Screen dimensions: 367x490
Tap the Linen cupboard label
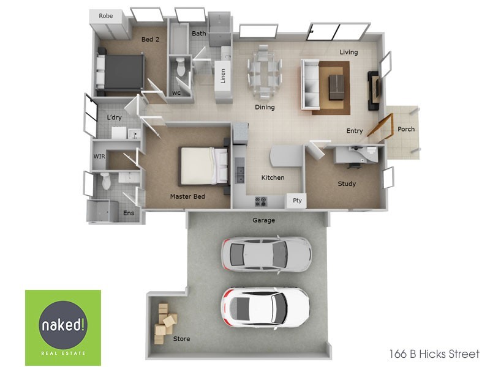click(x=223, y=76)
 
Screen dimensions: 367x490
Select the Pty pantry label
click(x=297, y=201)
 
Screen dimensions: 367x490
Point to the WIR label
click(x=99, y=157)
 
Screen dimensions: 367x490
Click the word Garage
click(x=264, y=220)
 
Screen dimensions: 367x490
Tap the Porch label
click(x=406, y=129)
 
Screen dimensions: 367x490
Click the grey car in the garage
click(x=266, y=253)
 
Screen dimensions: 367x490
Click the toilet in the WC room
click(x=180, y=68)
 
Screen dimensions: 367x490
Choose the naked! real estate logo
click(x=63, y=327)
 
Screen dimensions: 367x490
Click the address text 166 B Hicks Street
click(x=434, y=354)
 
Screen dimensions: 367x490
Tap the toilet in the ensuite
click(x=105, y=181)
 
